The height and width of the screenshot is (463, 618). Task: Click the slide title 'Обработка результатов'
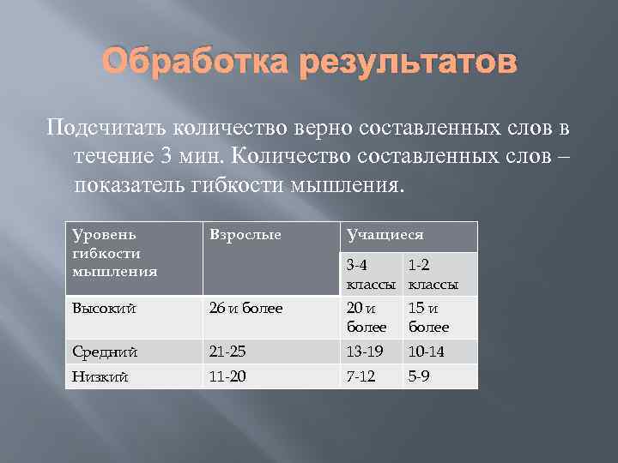[x=309, y=63]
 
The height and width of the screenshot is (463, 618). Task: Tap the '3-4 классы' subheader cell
[x=371, y=274]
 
